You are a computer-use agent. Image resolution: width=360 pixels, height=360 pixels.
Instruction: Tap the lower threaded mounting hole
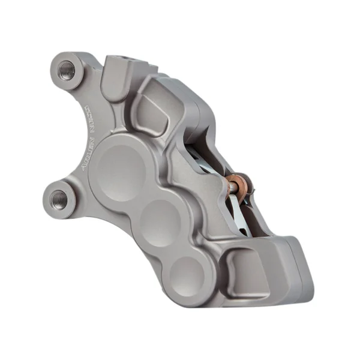click(x=59, y=196)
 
